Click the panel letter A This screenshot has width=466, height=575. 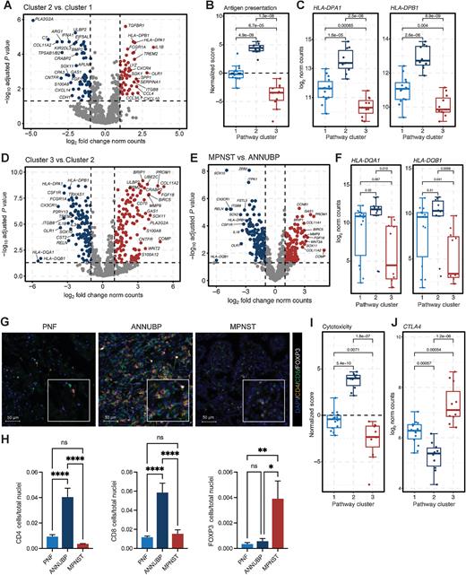5,6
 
